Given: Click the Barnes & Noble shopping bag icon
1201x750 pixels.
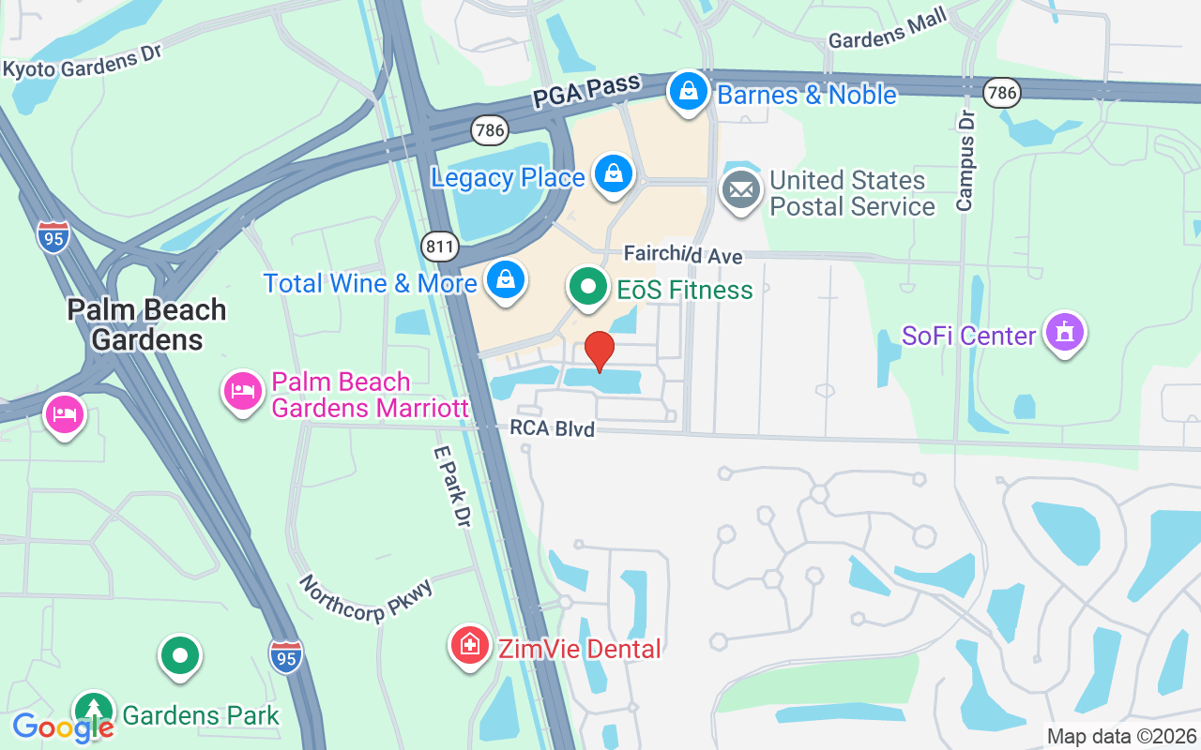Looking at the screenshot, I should coord(689,92).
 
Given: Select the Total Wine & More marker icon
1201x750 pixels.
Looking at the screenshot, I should coord(506,279).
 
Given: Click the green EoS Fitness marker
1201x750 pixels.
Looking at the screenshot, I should coord(588,287).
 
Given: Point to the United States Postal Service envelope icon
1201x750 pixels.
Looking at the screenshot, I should coord(741,190).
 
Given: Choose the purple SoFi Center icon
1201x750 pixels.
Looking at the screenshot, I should coord(1064,333).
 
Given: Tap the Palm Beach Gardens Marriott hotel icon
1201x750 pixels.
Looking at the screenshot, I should coord(243,391).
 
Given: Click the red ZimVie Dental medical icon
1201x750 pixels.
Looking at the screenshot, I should coord(469,645).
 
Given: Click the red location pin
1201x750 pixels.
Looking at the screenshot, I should coord(600,351).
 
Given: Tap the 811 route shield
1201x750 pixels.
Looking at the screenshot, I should coord(439,248).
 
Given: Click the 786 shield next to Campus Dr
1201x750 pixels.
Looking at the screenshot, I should coord(1002,92).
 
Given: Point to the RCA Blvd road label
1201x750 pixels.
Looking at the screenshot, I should coord(552,428).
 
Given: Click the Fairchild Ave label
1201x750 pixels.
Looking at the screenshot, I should coord(683,256).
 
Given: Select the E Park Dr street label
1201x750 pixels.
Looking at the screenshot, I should coord(450,484).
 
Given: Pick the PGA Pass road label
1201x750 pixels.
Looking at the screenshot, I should coord(585,92).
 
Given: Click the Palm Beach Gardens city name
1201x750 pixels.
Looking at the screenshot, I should coord(146,324).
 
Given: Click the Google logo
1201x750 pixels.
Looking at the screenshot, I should coord(63,727).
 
